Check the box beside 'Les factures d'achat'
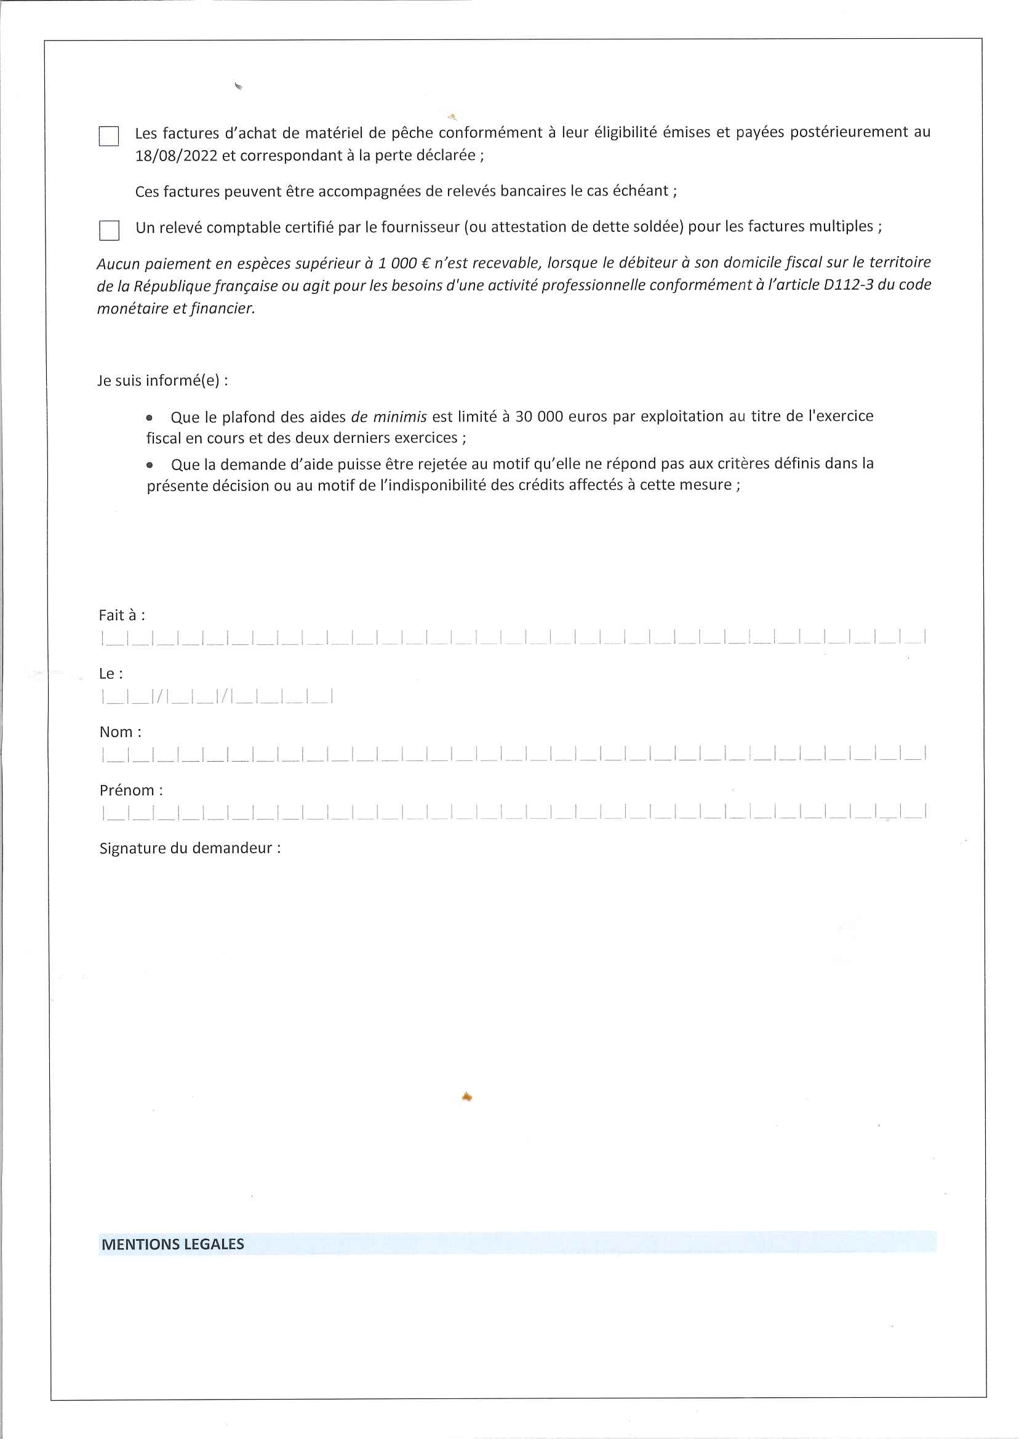pyautogui.click(x=108, y=136)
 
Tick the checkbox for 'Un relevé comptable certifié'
pyautogui.click(x=109, y=230)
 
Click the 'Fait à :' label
pyautogui.click(x=122, y=615)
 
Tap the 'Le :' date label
pyautogui.click(x=111, y=674)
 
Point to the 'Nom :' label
pyautogui.click(x=121, y=732)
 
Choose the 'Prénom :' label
pyautogui.click(x=131, y=791)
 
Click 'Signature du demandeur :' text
pyautogui.click(x=190, y=848)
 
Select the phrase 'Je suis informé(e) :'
pyautogui.click(x=162, y=381)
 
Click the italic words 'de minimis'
pyautogui.click(x=389, y=417)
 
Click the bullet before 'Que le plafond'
pyautogui.click(x=150, y=418)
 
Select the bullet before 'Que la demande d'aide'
pyautogui.click(x=150, y=465)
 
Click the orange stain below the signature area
pyautogui.click(x=466, y=1096)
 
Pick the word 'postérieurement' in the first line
pyautogui.click(x=842, y=132)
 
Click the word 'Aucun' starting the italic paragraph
pyautogui.click(x=118, y=263)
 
